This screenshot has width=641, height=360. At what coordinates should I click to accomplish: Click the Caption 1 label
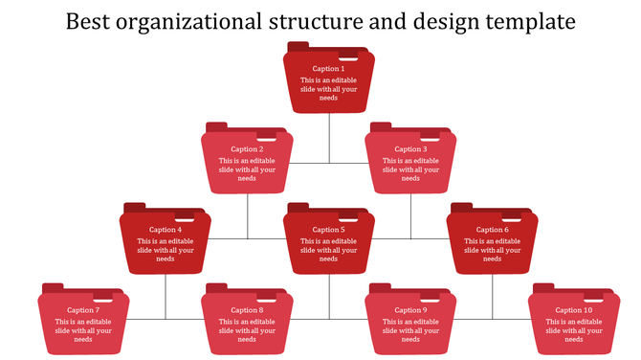coord(328,69)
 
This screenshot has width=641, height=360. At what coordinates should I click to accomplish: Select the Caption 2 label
coord(247,149)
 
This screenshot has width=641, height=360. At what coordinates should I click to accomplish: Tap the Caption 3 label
coord(410,149)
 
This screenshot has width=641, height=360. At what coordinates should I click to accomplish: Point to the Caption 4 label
coord(166,230)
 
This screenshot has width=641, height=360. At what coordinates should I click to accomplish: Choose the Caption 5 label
coord(328,230)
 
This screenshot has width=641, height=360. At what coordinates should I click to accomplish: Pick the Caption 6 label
coord(493,230)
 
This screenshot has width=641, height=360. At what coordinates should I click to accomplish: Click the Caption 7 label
coord(83,310)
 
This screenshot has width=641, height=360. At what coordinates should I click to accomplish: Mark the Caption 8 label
coord(247,310)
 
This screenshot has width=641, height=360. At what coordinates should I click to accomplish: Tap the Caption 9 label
coord(410,310)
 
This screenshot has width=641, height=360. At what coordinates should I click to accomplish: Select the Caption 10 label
coord(574,310)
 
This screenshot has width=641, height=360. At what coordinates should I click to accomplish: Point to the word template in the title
coord(520,21)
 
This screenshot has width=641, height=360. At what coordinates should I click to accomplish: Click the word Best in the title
coord(89,20)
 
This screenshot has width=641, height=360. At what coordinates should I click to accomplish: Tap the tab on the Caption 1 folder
coord(298,47)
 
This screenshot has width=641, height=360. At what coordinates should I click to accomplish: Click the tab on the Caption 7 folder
coord(53,288)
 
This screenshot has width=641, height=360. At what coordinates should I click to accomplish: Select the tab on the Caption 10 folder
coord(543,288)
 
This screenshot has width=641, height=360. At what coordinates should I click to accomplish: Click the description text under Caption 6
coord(493,250)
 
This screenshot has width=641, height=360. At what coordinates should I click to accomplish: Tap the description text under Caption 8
coord(247,330)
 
